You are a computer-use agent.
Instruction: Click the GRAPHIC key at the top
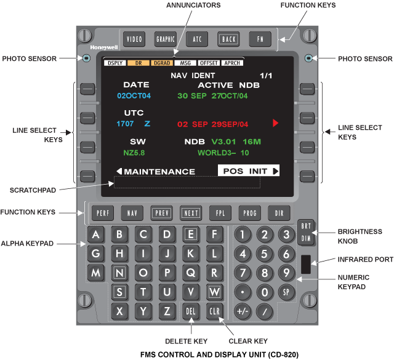point(166,39)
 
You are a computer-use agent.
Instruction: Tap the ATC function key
point(197,39)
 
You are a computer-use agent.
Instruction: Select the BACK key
point(228,39)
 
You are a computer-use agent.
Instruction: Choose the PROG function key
point(249,213)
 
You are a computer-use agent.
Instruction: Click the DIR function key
point(279,213)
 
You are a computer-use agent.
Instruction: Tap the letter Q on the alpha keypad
point(190,271)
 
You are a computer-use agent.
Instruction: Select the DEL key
point(190,311)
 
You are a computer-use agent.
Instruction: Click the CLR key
point(214,311)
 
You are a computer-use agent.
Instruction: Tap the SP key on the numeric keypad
point(286,291)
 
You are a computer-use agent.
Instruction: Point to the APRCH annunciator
point(232,63)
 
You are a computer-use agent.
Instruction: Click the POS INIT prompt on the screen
point(249,170)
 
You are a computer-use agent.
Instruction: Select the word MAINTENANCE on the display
point(159,171)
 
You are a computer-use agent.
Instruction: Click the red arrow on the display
point(275,124)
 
